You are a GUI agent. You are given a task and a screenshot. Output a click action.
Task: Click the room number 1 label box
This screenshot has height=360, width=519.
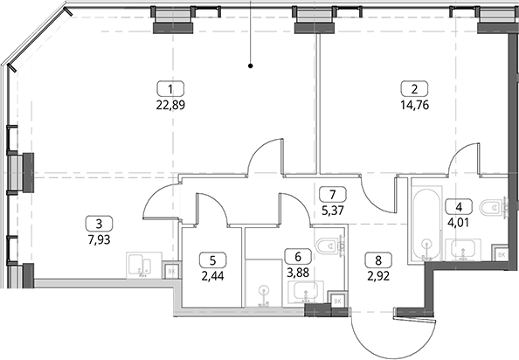(x=170, y=89)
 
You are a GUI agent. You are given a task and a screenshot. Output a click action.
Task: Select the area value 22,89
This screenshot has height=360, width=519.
(x=170, y=105)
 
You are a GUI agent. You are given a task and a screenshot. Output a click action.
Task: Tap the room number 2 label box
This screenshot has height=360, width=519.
(x=414, y=89)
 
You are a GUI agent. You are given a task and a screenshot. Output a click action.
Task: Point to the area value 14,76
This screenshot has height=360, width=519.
(x=414, y=105)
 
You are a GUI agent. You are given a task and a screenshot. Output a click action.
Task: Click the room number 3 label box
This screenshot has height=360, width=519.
(x=99, y=224)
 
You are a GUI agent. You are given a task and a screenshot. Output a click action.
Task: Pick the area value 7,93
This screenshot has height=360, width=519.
(x=99, y=239)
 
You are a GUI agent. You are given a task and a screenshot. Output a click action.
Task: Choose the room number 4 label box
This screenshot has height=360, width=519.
(x=459, y=207)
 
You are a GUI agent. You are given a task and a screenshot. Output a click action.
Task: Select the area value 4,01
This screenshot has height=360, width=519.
(x=459, y=223)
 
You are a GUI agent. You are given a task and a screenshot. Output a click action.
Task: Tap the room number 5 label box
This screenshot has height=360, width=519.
(x=213, y=260)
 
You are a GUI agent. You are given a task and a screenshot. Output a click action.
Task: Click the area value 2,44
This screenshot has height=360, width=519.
(x=213, y=276)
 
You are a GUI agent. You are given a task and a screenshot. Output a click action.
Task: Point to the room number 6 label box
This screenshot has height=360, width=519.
(x=298, y=256)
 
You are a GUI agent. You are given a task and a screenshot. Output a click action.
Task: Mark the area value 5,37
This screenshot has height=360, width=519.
(x=333, y=210)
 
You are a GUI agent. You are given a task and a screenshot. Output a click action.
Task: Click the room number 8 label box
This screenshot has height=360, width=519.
(x=378, y=260)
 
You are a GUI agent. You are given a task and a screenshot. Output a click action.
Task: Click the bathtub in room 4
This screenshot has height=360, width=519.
(x=426, y=225)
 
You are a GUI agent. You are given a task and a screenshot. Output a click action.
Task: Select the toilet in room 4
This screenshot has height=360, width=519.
(x=494, y=207)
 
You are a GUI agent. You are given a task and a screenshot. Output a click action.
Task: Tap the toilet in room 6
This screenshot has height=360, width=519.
(x=330, y=246)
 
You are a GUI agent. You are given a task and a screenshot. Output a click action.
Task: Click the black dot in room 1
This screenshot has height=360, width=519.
(x=251, y=66)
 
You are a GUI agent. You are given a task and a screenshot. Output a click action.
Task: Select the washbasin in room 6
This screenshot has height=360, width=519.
(x=306, y=292)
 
